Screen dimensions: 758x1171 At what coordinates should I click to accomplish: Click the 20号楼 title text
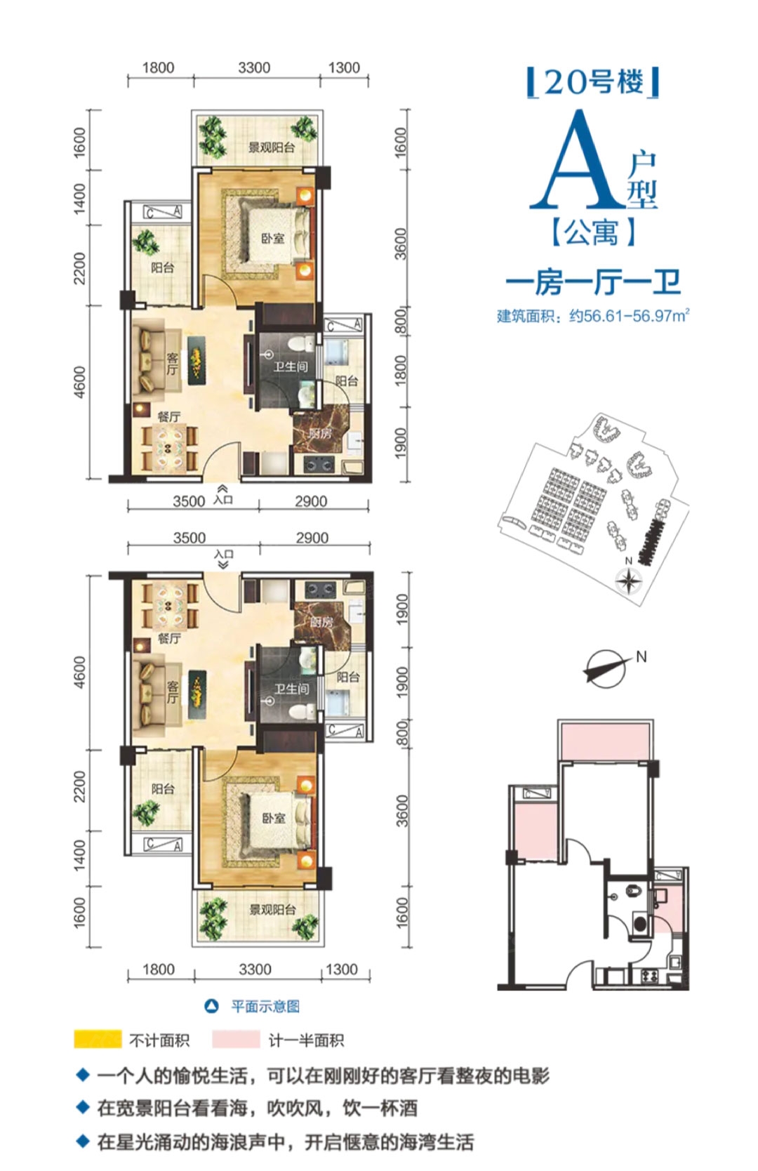tap(593, 82)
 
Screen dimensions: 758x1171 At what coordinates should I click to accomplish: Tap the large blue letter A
tap(578, 159)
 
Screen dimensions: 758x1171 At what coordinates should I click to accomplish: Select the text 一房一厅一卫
tap(593, 282)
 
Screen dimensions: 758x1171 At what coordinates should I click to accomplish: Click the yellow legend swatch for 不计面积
tap(98, 1039)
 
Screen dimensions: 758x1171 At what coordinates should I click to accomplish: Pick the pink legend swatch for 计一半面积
tap(236, 1039)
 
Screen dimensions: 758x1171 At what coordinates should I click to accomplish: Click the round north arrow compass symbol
tap(606, 668)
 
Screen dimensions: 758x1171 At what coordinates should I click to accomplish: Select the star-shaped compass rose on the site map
tap(628, 581)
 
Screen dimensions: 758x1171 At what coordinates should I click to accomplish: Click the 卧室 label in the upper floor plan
tap(273, 239)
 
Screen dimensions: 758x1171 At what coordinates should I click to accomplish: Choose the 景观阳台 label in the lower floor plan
tap(272, 910)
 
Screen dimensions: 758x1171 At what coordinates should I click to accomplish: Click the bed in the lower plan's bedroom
tap(277, 820)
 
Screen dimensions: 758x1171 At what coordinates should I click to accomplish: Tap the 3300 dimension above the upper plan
tap(254, 68)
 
